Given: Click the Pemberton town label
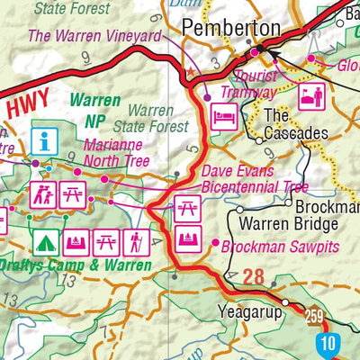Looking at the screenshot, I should coord(231,28).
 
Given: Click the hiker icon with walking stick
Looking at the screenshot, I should coord(137,242).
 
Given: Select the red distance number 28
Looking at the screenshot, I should coord(254,276).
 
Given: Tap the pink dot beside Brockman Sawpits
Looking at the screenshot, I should coord(214,244).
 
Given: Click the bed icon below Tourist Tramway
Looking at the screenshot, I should coord(222,116).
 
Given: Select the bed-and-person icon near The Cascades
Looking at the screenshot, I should coord(310,94).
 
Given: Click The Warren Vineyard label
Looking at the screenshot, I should coord(94,37).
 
